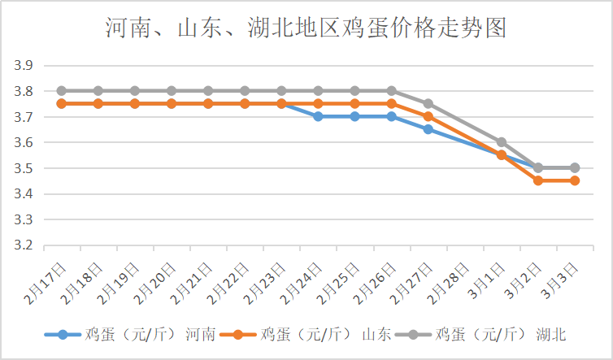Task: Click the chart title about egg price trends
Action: (x=306, y=28)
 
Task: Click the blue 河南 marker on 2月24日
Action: (x=318, y=116)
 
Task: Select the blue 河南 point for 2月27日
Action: (x=428, y=129)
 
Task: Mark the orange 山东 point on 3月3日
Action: (x=574, y=180)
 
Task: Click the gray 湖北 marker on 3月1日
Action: (x=501, y=142)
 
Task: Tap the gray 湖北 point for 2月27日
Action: (x=428, y=104)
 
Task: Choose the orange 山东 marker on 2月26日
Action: (x=391, y=104)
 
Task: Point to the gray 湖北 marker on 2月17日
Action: (x=62, y=91)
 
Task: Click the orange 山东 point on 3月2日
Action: (x=537, y=180)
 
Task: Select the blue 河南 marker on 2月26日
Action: (x=391, y=116)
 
